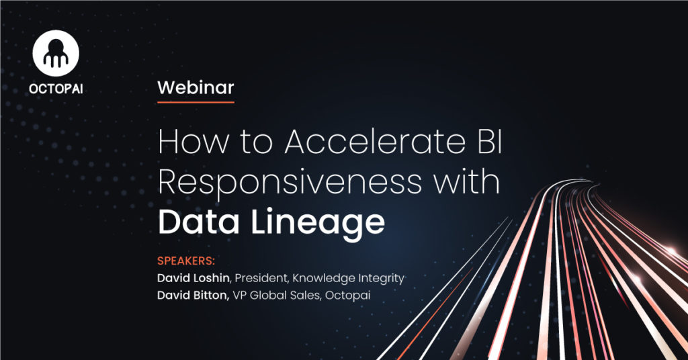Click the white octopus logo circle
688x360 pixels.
pyautogui.click(x=56, y=53)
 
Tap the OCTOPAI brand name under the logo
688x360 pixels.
pyautogui.click(x=56, y=89)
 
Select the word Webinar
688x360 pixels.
pyautogui.click(x=196, y=88)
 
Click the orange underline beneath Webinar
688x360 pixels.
pyautogui.click(x=196, y=102)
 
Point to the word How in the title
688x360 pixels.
pyautogui.click(x=193, y=141)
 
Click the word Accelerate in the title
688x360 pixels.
pyautogui.click(x=375, y=141)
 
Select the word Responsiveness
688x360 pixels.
pyautogui.click(x=290, y=183)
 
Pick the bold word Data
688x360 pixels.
pyautogui.click(x=199, y=222)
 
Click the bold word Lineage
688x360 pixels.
pyautogui.click(x=318, y=224)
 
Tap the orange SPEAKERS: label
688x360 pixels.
pyautogui.click(x=186, y=261)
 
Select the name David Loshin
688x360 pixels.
pyautogui.click(x=193, y=278)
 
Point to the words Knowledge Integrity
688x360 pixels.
pyautogui.click(x=349, y=279)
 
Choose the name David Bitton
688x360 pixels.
pyautogui.click(x=193, y=295)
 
